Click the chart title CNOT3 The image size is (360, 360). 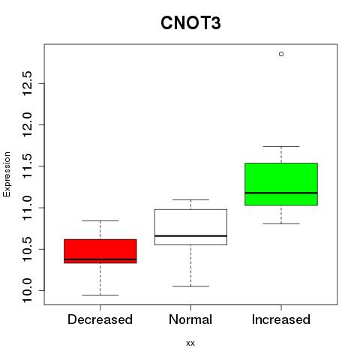point(190,23)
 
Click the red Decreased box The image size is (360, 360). point(100,251)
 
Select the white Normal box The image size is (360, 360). point(190,227)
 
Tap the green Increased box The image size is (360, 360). point(281,184)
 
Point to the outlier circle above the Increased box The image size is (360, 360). point(281,54)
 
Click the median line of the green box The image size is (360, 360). point(281,193)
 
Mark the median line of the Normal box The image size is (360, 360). point(190,235)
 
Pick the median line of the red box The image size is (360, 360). point(100,259)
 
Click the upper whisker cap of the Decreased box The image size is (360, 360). point(100,220)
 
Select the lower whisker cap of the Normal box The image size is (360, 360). point(190,286)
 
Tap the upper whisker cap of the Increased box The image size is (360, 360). point(281,146)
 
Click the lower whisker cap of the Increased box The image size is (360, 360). point(281,223)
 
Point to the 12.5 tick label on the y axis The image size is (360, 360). point(27,83)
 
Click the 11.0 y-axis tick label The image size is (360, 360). point(27,208)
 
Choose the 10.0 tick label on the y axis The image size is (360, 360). point(27,290)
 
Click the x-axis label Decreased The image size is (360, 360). point(100,319)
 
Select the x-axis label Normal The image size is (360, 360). point(190,319)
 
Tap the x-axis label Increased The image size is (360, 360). point(281,319)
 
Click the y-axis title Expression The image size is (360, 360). point(7,175)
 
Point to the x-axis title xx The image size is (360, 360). point(190,343)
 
